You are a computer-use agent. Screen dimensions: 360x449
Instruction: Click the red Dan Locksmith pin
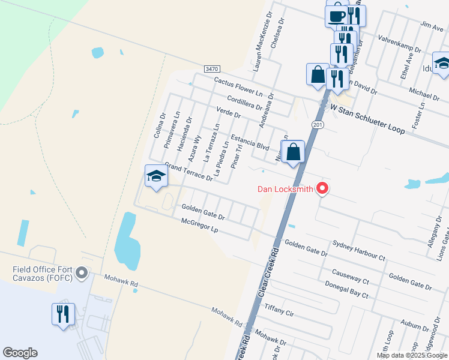322,188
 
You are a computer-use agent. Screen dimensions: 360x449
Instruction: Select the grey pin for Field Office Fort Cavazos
83,274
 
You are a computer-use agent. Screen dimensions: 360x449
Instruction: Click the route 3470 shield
211,70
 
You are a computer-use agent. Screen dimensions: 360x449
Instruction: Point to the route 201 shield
318,124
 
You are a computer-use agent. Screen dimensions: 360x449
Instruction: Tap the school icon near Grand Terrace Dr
155,176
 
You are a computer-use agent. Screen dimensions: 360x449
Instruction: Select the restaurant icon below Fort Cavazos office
63,314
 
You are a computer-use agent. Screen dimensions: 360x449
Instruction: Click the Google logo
20,353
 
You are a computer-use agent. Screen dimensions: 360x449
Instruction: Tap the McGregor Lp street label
199,226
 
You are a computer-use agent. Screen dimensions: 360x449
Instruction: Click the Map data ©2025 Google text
412,355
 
